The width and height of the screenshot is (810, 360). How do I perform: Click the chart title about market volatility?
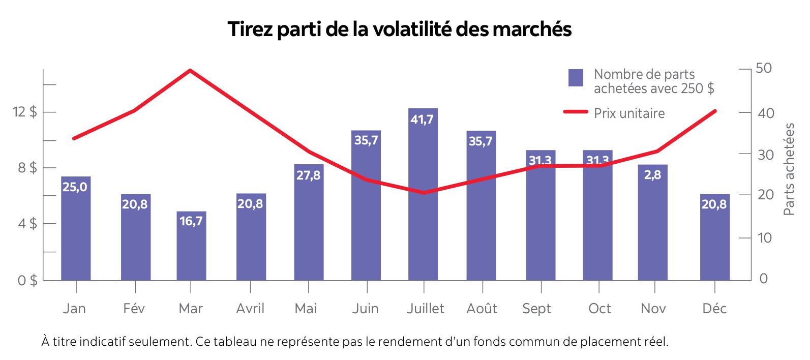click(400, 29)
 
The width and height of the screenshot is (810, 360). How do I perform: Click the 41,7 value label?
click(422, 119)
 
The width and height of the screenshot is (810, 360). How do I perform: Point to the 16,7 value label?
click(191, 221)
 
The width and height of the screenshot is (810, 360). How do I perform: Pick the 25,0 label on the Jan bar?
click(75, 187)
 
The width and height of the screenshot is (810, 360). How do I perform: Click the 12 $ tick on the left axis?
click(24, 112)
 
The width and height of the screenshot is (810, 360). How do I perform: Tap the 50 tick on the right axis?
click(763, 68)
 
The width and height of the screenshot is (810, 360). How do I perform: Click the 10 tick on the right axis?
click(764, 237)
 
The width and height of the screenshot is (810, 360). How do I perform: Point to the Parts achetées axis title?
click(789, 169)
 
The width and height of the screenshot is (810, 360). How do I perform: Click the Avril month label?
click(250, 309)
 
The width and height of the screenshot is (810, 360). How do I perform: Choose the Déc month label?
click(714, 309)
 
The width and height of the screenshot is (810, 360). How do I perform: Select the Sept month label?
click(536, 309)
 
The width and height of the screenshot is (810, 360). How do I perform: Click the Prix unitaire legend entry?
click(629, 113)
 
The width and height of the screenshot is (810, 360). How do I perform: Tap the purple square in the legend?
click(576, 78)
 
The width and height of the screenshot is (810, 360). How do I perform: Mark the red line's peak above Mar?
click(190, 70)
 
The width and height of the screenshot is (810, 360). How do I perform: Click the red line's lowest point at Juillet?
click(424, 193)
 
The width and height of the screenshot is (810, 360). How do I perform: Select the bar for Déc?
click(714, 239)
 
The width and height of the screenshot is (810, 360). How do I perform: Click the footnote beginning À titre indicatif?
click(354, 342)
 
